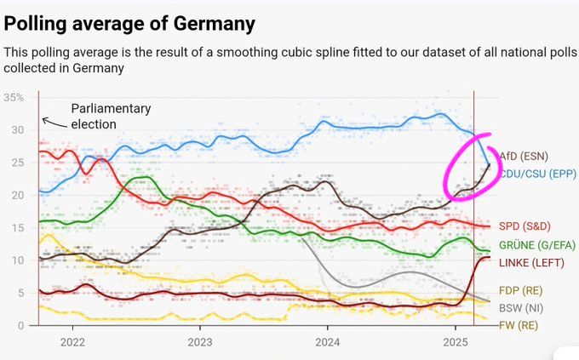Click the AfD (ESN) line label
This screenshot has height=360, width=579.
524,157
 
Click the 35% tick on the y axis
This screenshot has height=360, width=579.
14,97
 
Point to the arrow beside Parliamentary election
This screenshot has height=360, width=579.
54,124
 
